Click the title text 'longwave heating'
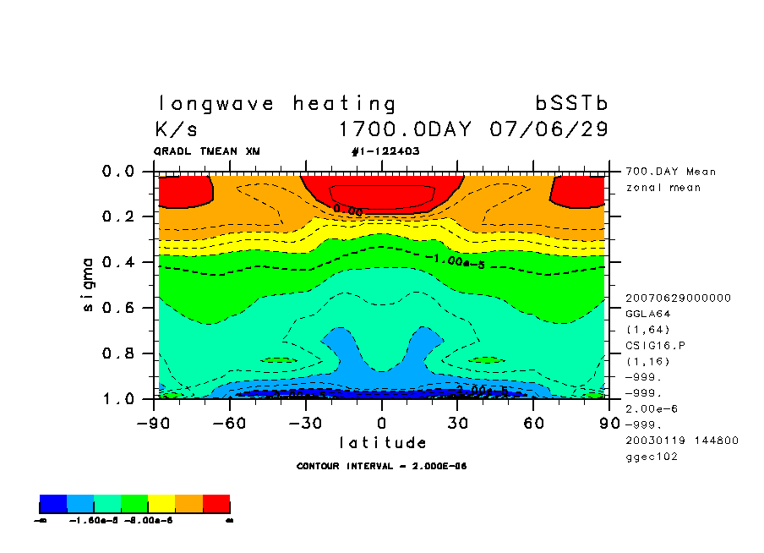(x=276, y=104)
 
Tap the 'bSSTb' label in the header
(x=571, y=104)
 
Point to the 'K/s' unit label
(x=177, y=130)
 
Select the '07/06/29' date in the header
(x=548, y=130)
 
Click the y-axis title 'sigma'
(x=88, y=284)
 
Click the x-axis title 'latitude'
(x=382, y=442)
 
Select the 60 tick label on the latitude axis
(x=532, y=422)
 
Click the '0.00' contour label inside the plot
(x=347, y=209)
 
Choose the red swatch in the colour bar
(x=216, y=505)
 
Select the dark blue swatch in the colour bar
(x=53, y=505)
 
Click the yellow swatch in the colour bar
(x=161, y=505)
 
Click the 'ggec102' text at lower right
(x=651, y=457)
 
